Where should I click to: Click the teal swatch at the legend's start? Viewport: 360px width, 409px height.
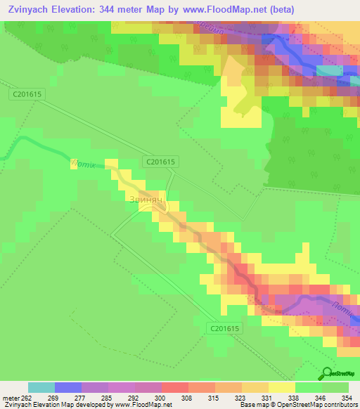[x=41, y=387]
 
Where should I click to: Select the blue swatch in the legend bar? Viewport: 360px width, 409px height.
[x=68, y=387]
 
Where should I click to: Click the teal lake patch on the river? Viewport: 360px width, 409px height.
[x=329, y=70]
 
